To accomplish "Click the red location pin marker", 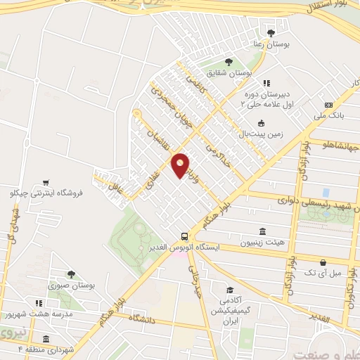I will pos(180,165).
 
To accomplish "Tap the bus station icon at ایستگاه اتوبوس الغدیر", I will pos(184,237).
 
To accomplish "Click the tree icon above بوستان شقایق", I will pos(227,62).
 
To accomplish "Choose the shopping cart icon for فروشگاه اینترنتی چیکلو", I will pos(46,181).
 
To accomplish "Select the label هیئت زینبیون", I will pos(262,243).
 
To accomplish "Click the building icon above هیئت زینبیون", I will pos(262,231).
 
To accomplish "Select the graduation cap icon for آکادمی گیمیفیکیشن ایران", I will pos(229,290).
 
